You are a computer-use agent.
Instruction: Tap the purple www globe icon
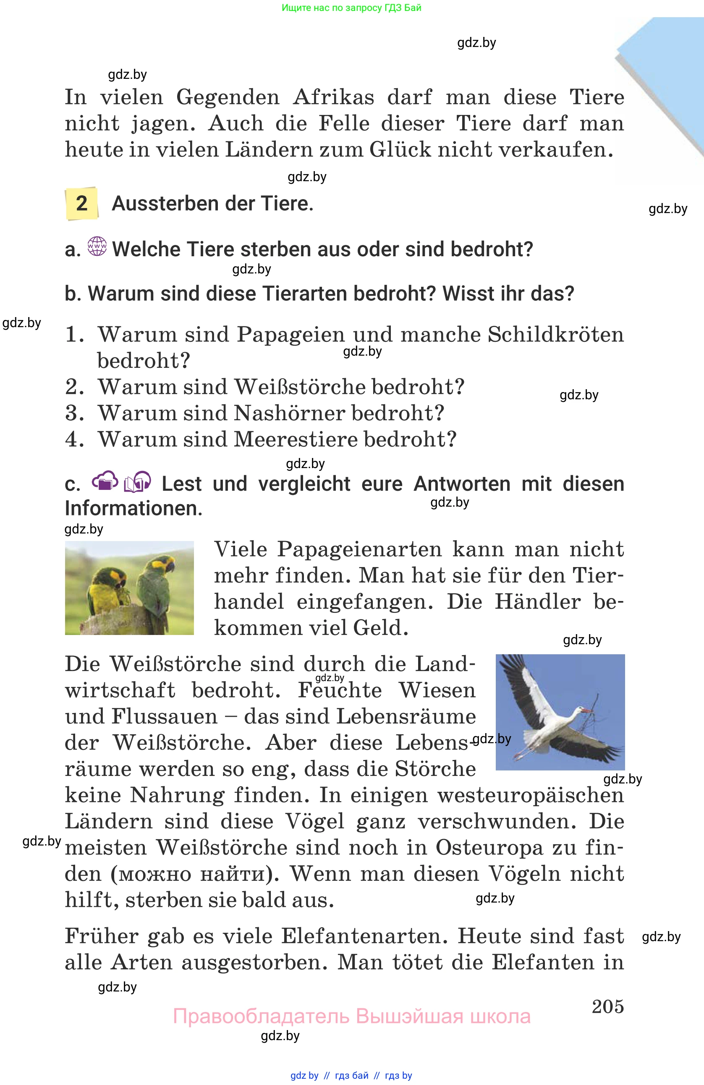pyautogui.click(x=97, y=246)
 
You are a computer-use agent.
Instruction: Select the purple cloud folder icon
pyautogui.click(x=105, y=481)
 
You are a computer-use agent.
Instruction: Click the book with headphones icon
pyautogui.click(x=137, y=482)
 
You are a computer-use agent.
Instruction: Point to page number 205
pyautogui.click(x=607, y=1006)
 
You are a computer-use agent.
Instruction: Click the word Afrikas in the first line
pyautogui.click(x=333, y=97)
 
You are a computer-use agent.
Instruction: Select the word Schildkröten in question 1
pyautogui.click(x=555, y=335)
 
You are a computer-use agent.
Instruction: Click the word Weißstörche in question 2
pyautogui.click(x=300, y=387)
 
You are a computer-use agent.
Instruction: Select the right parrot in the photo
pyautogui.click(x=155, y=583)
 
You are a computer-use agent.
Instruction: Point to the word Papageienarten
pyautogui.click(x=359, y=549)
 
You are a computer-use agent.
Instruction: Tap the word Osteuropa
pyautogui.click(x=489, y=848)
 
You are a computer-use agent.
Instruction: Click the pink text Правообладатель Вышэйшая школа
pyautogui.click(x=351, y=1016)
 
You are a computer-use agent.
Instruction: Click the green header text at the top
pyautogui.click(x=351, y=8)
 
